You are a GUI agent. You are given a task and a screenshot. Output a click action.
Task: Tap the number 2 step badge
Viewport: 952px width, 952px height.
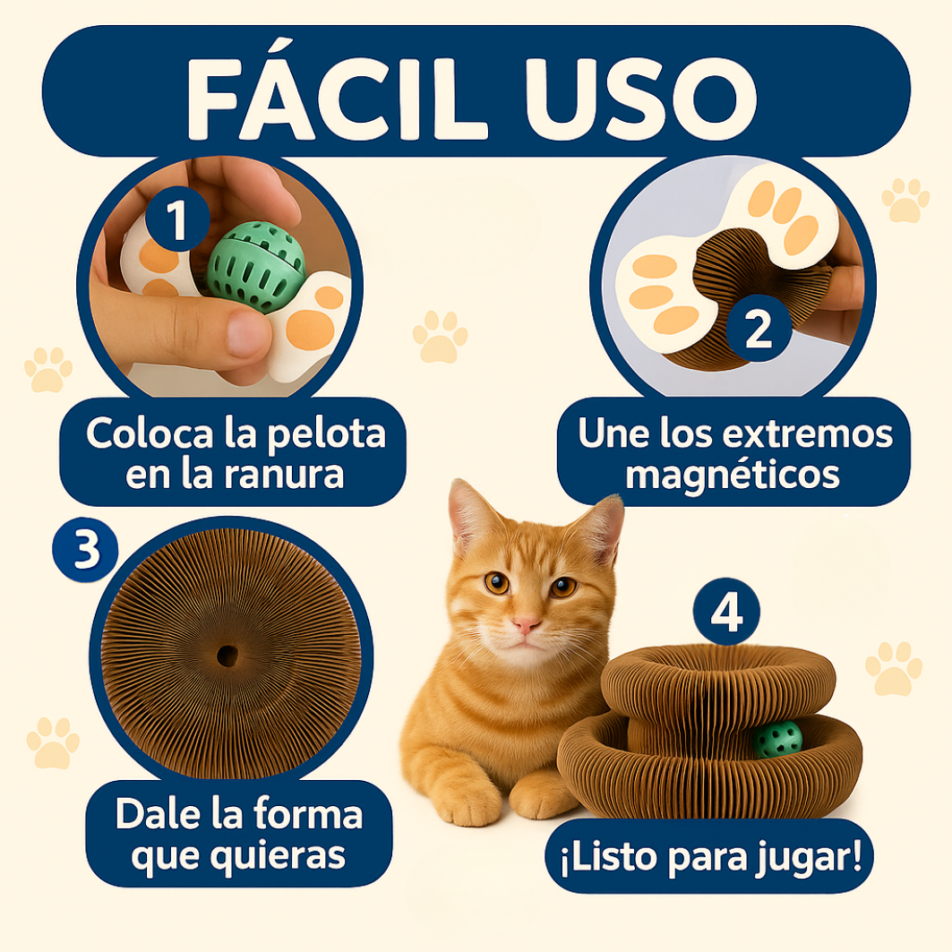tap(758, 331)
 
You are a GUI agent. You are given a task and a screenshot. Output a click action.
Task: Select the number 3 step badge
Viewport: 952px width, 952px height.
tap(86, 550)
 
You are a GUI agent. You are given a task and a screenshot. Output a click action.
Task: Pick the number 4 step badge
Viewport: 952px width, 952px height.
tap(725, 614)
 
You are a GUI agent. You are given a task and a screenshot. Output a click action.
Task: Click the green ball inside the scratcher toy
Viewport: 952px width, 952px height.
tap(776, 739)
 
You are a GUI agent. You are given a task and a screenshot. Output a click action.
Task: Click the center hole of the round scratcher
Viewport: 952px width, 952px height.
tap(227, 656)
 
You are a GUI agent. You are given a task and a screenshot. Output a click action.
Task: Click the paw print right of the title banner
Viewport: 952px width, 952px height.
tap(905, 201)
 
